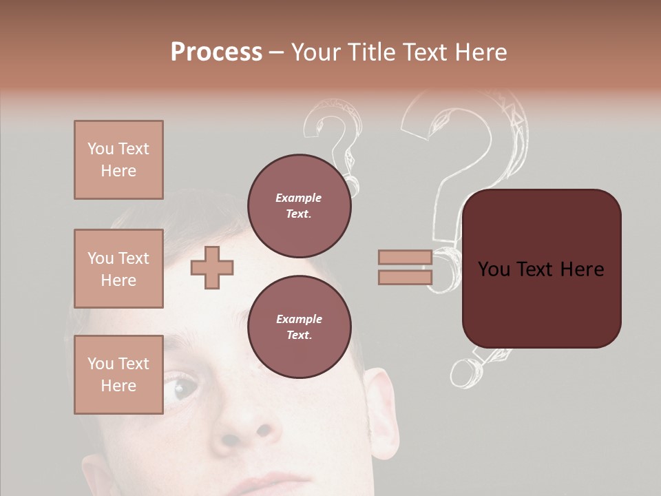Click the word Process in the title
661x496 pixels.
(x=216, y=52)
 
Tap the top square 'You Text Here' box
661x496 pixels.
(x=118, y=160)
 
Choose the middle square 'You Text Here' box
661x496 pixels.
(x=118, y=269)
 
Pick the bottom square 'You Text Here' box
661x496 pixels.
(x=118, y=375)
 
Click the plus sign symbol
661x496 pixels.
(x=212, y=267)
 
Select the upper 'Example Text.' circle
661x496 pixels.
(x=299, y=206)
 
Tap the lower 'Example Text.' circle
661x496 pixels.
(x=299, y=327)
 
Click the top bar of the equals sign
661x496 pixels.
(x=405, y=257)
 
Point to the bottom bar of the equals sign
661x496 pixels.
(x=405, y=278)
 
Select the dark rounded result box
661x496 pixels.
(x=541, y=269)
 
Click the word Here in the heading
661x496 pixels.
(x=479, y=52)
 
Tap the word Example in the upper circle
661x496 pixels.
(x=299, y=198)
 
